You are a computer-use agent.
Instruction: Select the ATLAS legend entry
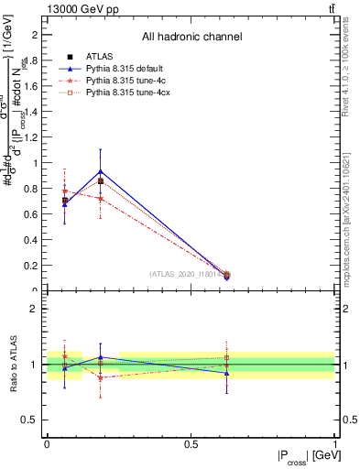coord(91,57)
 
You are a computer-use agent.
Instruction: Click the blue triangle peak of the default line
coord(101,171)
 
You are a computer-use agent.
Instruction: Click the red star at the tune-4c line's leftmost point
coord(64,191)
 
